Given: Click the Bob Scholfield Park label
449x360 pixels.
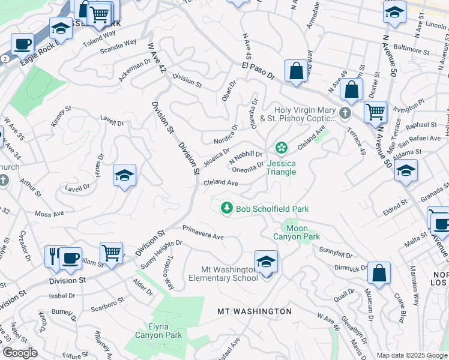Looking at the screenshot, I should pos(272,209).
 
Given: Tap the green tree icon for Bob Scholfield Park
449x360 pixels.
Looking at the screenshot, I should pos(227,208).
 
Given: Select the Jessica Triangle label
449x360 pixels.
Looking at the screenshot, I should pos(282,167).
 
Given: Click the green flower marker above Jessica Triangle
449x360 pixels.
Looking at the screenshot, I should pos(280,148).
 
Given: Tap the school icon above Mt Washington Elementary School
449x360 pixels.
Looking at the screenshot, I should pos(266,262).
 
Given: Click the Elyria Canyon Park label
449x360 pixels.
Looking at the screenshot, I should pos(157,331).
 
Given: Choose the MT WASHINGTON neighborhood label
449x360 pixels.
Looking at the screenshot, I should pos(255,311).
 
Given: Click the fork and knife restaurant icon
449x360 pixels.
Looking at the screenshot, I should pos(53,256).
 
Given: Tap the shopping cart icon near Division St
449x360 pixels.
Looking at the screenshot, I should pos(111,253).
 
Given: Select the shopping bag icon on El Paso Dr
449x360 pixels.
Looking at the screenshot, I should pos(296,71).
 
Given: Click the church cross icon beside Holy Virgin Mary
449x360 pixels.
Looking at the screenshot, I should pos(345,113).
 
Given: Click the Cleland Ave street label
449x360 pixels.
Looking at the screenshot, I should pos(221,182).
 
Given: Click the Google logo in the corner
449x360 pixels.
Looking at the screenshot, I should pos(20,353).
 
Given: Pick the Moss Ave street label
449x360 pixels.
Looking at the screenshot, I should pos(49,214).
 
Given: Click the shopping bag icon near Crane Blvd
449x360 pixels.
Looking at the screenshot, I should pos(379,273).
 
